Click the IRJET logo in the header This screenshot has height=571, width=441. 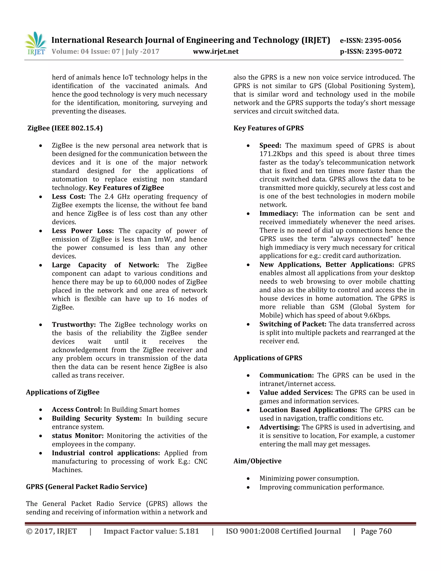click(36, 44)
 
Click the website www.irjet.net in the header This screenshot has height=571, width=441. click(216, 51)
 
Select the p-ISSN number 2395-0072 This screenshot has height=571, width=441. click(383, 51)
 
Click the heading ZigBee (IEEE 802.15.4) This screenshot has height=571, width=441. click(65, 128)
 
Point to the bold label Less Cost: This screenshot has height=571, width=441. click(69, 197)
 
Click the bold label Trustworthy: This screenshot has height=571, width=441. click(74, 325)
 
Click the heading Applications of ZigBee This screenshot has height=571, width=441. click(63, 392)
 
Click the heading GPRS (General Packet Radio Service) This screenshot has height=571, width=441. click(87, 487)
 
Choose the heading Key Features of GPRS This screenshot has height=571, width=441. click(268, 128)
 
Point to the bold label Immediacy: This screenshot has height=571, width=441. click(278, 213)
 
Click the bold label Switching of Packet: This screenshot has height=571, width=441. click(293, 324)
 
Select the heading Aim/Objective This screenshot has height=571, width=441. click(257, 461)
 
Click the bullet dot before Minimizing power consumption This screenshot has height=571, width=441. click(248, 479)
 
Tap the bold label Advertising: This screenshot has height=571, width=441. click(279, 427)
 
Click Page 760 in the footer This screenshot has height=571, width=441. click(376, 531)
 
